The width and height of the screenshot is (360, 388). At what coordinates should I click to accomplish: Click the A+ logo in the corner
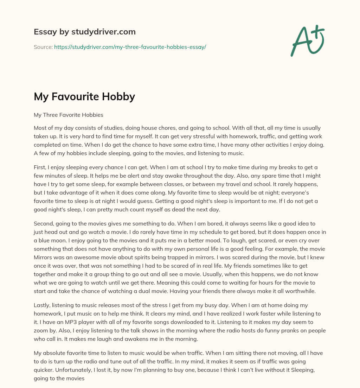coord(307,40)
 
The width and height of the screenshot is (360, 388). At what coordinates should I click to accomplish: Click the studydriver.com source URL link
coord(130,47)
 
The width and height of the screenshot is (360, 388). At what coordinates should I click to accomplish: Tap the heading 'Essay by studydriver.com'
coord(84,32)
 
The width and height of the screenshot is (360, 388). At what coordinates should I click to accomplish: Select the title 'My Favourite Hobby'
coord(84,96)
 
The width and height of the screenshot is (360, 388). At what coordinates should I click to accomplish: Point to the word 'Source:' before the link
coord(43,47)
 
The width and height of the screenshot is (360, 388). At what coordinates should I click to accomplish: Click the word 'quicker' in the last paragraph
coord(44,369)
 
